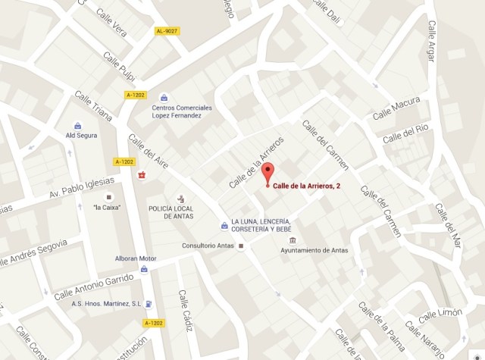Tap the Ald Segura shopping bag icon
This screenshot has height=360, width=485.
(x=78, y=126)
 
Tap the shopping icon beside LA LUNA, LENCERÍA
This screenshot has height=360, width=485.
(x=224, y=224)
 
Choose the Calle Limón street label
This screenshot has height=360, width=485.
(x=440, y=315)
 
